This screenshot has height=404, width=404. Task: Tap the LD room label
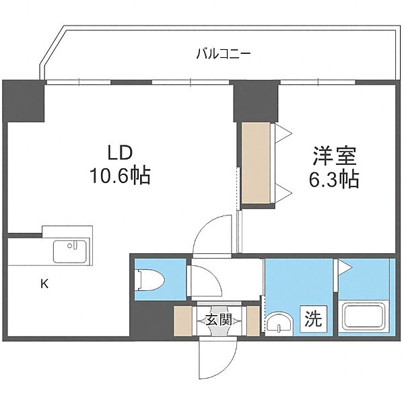121,153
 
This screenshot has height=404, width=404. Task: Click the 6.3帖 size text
330,179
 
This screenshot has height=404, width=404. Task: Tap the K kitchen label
44,283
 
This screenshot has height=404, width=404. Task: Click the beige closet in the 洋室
258,163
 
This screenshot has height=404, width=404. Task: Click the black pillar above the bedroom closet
256,101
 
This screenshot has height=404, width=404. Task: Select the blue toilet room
160,279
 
